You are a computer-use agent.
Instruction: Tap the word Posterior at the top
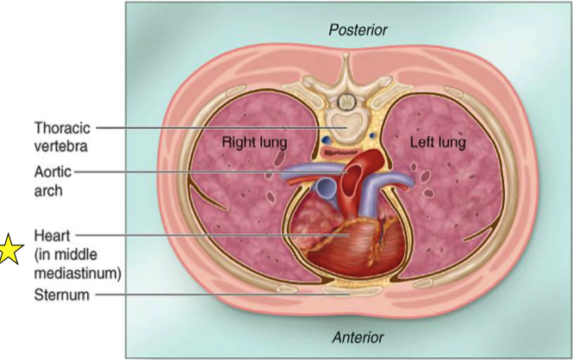[x=358, y=30]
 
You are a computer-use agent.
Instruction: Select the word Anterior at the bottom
[x=357, y=337]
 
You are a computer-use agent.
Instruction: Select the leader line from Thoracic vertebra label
[x=215, y=127]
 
